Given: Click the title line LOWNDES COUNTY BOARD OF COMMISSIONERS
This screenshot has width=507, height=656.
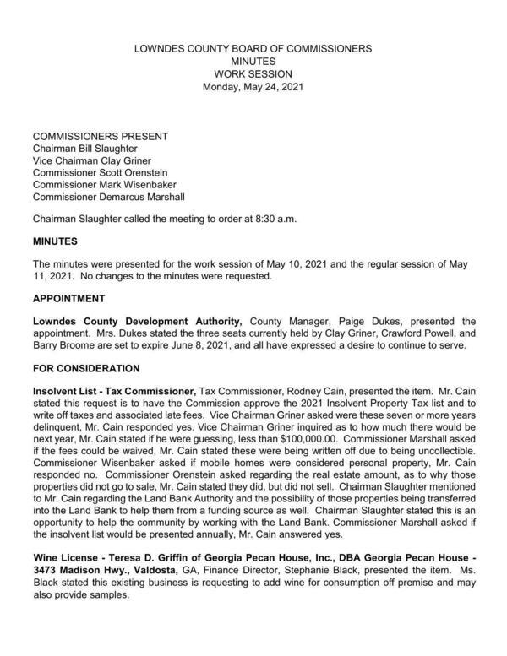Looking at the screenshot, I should click(x=253, y=49).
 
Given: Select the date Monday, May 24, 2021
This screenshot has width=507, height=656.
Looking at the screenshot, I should click(x=253, y=87).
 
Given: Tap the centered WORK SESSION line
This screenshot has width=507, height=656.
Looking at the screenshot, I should click(x=253, y=74).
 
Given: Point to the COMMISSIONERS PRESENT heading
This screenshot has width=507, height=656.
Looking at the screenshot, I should click(x=100, y=136).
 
